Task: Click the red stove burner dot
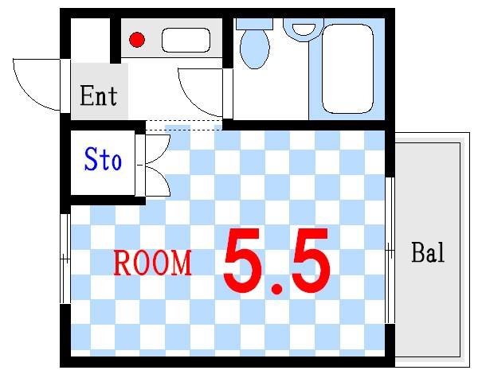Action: [137, 39]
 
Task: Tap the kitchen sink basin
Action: [186, 40]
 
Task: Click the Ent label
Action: [99, 96]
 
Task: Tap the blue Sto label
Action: [103, 161]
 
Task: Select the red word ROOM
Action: [152, 263]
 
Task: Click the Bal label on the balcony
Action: [428, 254]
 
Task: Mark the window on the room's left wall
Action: [65, 256]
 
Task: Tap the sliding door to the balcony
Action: [390, 250]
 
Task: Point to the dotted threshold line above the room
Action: [183, 125]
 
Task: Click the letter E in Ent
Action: [88, 96]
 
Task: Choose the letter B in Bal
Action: [417, 254]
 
